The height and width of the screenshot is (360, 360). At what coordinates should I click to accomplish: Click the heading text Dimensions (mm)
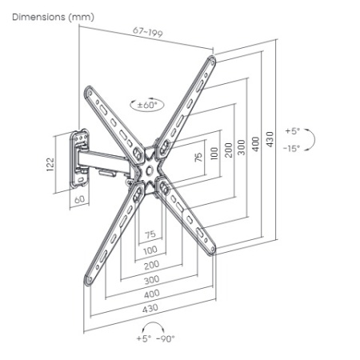(x=53, y=17)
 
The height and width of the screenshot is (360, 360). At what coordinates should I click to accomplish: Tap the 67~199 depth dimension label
(x=148, y=32)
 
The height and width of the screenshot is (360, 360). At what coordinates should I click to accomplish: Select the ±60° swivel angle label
(x=147, y=105)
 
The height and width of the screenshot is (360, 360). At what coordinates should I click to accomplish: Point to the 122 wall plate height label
(x=50, y=164)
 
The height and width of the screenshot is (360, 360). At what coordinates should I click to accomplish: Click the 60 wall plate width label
(x=79, y=199)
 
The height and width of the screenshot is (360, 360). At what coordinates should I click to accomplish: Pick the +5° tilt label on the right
(x=293, y=131)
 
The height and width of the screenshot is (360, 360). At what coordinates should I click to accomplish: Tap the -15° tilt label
(x=291, y=148)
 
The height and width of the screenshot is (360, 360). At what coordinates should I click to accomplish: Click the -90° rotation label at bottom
(x=166, y=338)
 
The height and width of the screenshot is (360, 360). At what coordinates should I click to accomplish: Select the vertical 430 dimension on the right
(x=270, y=139)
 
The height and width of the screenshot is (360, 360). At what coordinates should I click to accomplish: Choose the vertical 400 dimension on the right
(x=256, y=144)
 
